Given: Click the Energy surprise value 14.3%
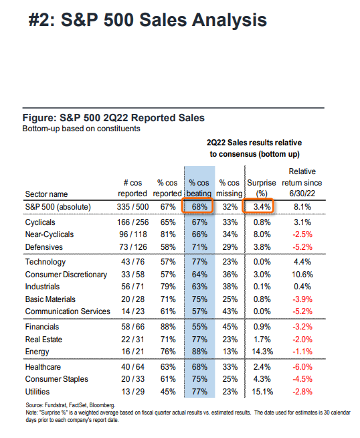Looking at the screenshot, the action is click(x=262, y=352).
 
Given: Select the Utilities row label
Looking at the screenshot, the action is click(x=37, y=392).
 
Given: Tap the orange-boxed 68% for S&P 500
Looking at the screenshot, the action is click(x=199, y=207).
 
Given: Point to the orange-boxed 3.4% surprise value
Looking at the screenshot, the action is click(x=262, y=207).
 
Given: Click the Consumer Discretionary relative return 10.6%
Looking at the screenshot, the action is click(x=302, y=275).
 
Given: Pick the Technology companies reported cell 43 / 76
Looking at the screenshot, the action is click(x=133, y=262).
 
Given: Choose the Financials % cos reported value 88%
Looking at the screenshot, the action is click(x=168, y=327).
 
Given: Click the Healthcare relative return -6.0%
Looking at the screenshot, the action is click(x=302, y=367).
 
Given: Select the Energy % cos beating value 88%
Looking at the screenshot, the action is click(x=199, y=352).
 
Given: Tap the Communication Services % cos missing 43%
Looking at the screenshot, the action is click(x=230, y=311).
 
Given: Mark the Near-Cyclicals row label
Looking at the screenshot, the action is click(x=50, y=234).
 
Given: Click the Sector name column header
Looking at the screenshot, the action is click(x=46, y=194).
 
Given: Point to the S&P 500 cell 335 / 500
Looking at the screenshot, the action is click(x=133, y=207).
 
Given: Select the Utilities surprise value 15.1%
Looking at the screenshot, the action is click(x=262, y=392).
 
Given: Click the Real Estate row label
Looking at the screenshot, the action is click(x=43, y=340).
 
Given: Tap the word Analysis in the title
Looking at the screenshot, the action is click(x=230, y=20).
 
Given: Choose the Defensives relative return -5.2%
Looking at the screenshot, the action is click(x=302, y=247).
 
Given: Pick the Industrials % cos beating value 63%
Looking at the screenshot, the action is click(x=199, y=287).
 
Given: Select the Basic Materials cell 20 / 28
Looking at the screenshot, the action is click(x=133, y=299).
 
